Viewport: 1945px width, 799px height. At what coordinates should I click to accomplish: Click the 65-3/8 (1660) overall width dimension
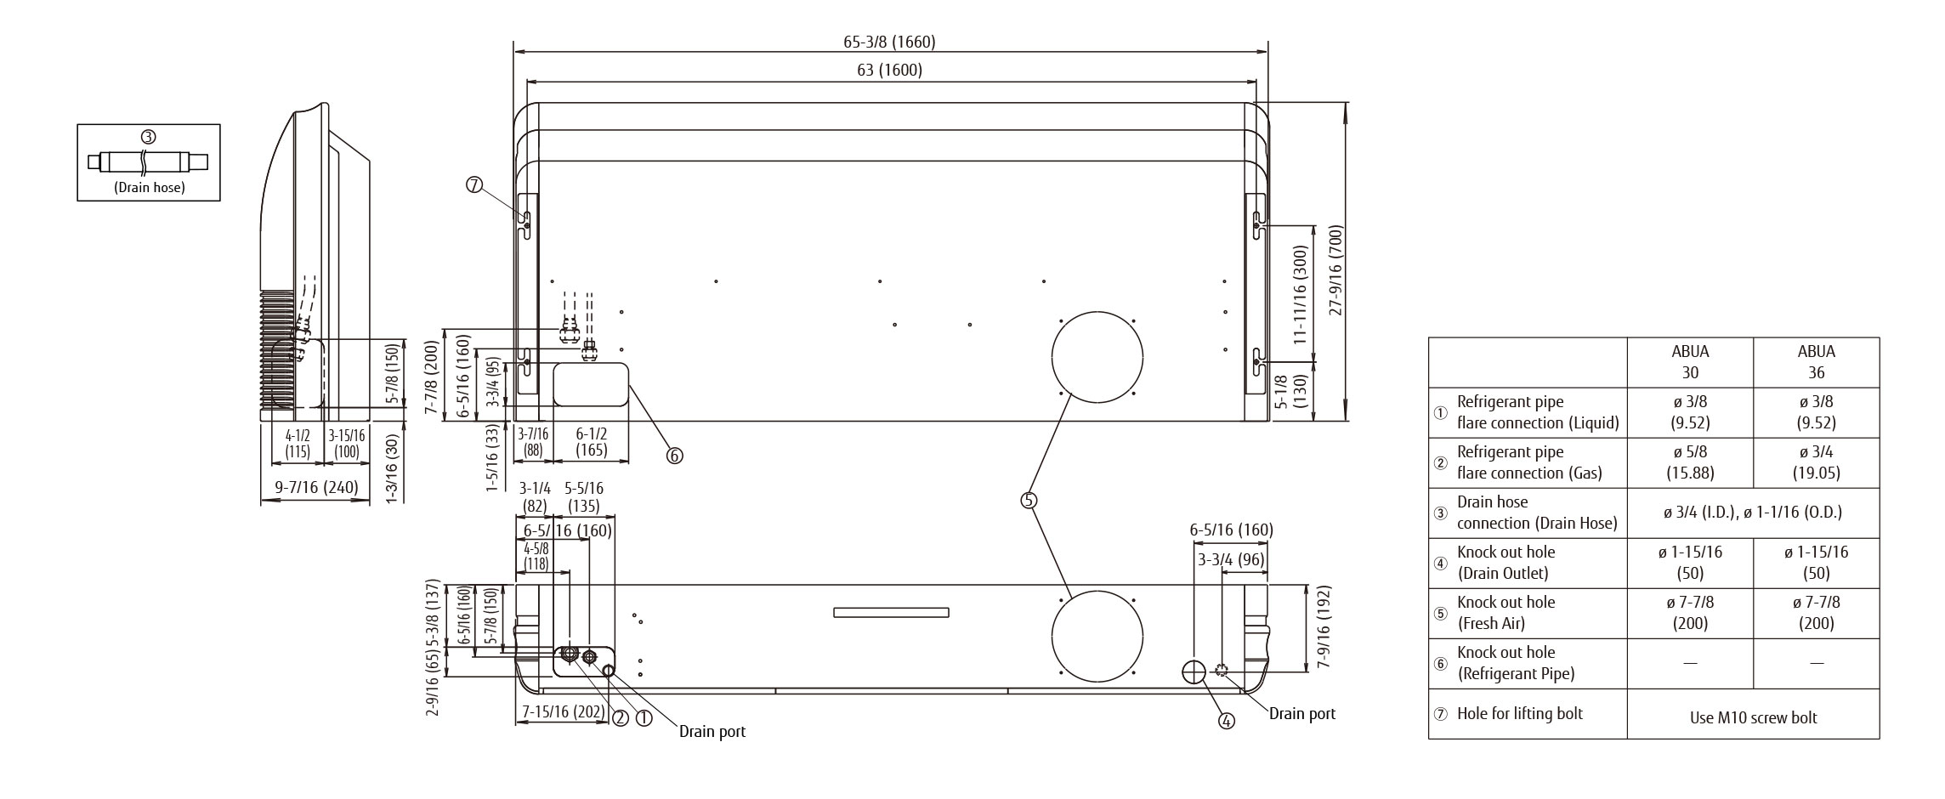(x=889, y=42)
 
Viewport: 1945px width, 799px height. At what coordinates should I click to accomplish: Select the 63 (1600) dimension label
(x=889, y=70)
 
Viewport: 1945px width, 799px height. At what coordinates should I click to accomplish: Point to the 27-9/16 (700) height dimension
(x=1335, y=270)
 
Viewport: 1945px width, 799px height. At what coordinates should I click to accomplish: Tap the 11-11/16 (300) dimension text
(x=1299, y=294)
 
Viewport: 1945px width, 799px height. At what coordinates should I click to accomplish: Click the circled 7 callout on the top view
(x=474, y=184)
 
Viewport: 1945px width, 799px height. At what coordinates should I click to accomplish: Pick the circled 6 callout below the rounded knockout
(x=674, y=456)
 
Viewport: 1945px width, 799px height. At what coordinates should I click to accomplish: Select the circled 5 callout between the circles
(x=1029, y=500)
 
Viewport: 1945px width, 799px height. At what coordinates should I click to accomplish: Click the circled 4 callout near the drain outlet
(x=1226, y=721)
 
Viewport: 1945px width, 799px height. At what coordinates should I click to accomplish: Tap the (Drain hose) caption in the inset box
(x=149, y=187)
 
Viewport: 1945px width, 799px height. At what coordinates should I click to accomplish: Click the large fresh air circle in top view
(x=1097, y=357)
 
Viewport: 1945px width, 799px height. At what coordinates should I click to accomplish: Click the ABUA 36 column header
(x=1816, y=362)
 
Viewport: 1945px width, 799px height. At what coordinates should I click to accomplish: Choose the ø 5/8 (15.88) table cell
(x=1690, y=462)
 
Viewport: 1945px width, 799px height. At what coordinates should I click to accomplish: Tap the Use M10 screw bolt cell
(x=1753, y=717)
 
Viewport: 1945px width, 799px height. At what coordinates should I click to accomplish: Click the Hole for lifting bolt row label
(x=1519, y=713)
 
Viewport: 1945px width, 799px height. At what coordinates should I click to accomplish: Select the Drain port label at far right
(x=1301, y=713)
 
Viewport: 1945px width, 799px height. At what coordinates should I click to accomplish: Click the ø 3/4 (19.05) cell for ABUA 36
(x=1816, y=462)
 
